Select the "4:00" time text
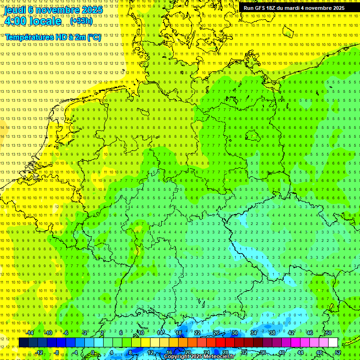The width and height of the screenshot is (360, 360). (x=15, y=21)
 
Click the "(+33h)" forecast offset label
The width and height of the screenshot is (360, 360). (x=81, y=21)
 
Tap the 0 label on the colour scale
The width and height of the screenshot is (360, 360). (x=93, y=352)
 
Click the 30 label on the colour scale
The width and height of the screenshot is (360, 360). (x=234, y=333)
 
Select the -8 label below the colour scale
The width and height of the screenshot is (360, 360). (x=56, y=352)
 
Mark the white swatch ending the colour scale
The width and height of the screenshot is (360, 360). (x=333, y=343)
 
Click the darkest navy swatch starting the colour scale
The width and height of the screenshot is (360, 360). (x=23, y=343)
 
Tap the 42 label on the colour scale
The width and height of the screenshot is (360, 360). (x=291, y=333)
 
